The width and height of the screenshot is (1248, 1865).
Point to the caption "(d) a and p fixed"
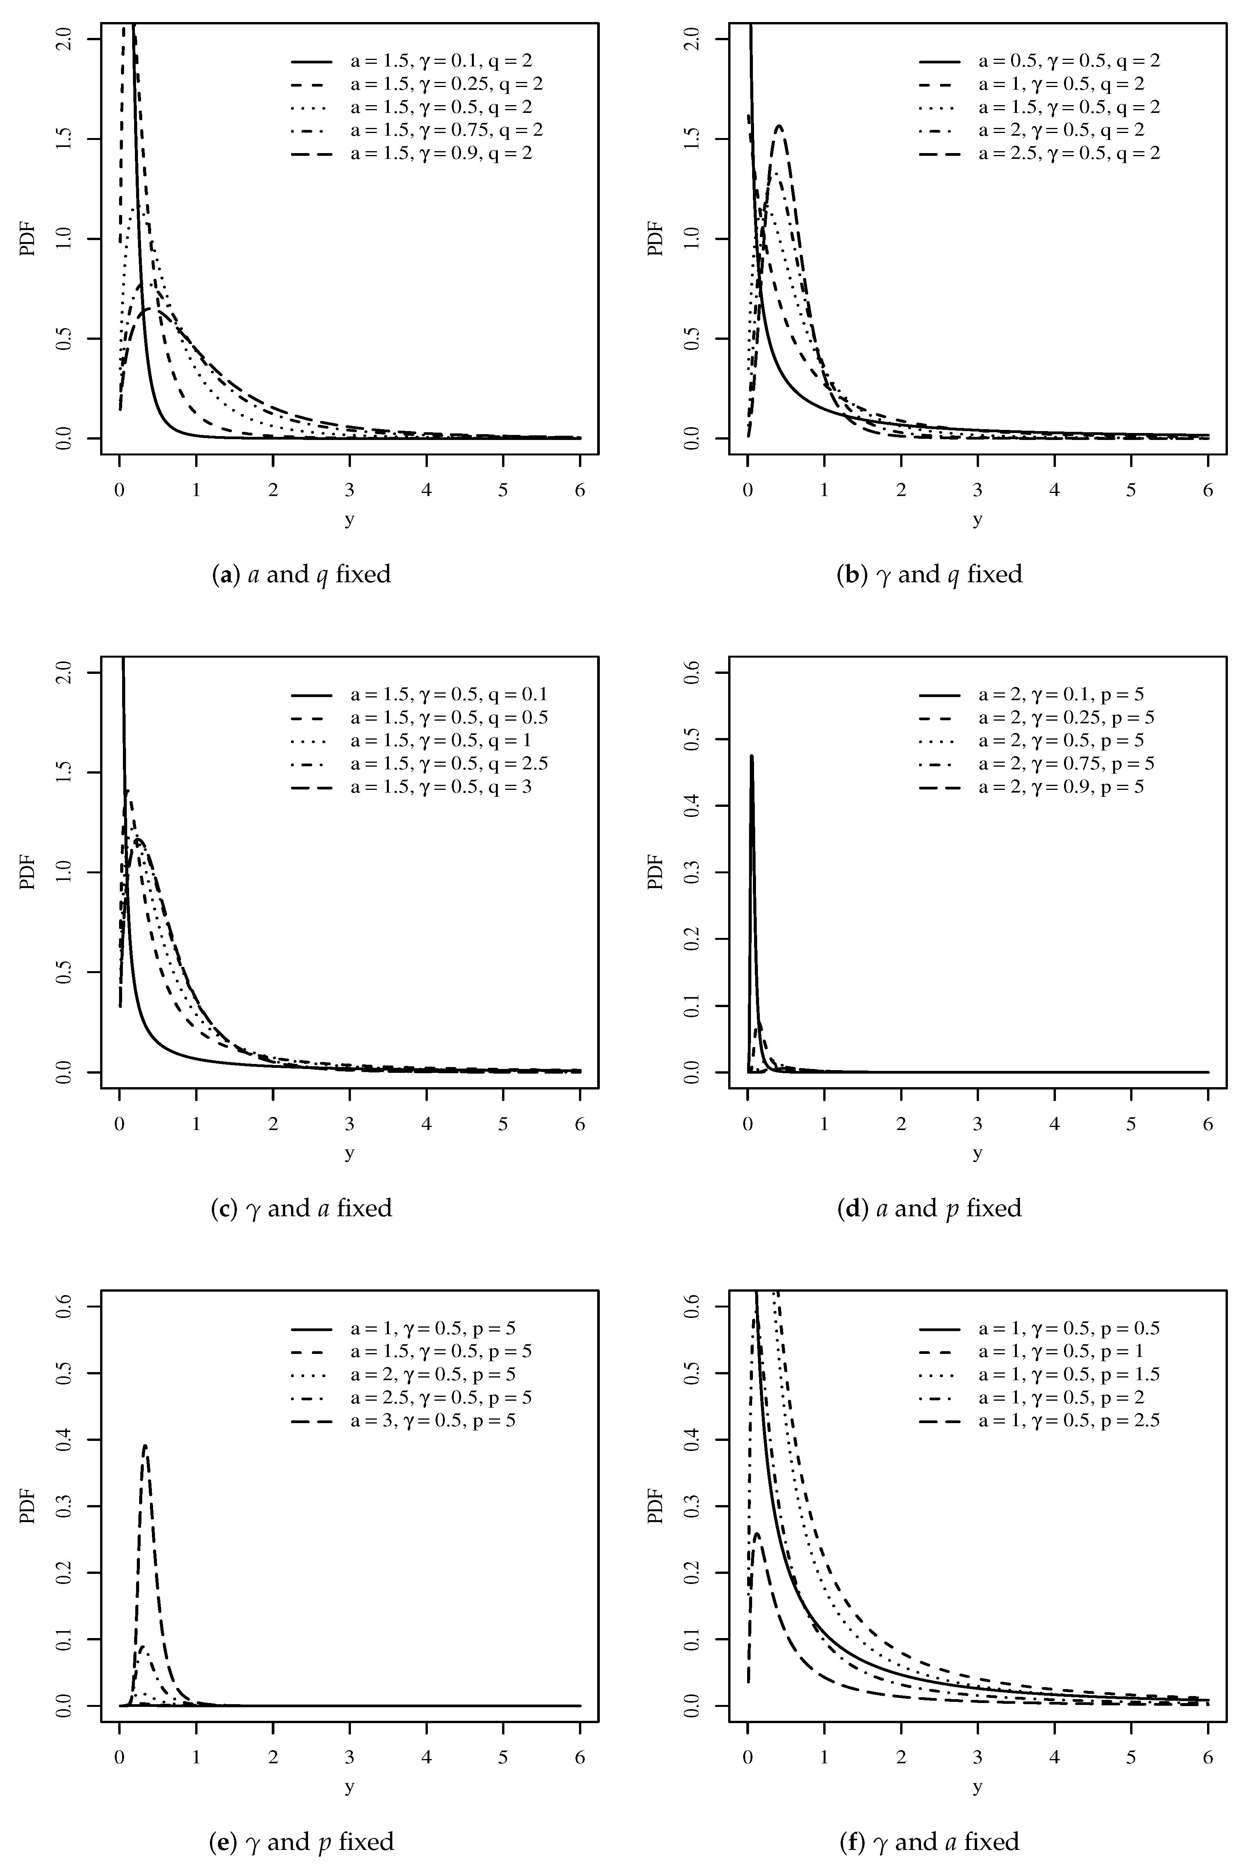pyautogui.click(x=930, y=1207)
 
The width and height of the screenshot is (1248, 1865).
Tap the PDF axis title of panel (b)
pyautogui.click(x=655, y=239)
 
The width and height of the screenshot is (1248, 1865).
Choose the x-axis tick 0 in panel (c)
pyautogui.click(x=119, y=1123)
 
